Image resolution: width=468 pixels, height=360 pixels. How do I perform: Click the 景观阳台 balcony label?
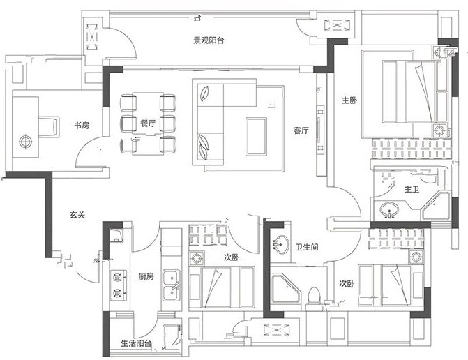209,40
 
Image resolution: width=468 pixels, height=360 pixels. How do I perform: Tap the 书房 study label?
82,125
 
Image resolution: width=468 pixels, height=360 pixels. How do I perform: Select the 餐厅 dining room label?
148,123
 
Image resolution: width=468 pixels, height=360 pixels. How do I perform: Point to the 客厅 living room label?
301,130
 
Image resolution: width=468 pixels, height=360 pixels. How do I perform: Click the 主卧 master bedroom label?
349,100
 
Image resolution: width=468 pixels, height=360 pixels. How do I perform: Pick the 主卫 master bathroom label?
412,189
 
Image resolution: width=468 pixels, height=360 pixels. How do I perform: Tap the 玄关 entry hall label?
77,215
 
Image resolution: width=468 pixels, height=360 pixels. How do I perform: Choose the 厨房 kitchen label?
146,276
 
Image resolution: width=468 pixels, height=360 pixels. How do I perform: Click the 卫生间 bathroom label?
307,247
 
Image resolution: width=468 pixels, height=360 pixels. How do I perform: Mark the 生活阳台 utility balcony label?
136,343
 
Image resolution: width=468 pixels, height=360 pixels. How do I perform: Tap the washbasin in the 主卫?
389,209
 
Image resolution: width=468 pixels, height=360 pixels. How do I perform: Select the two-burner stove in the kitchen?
119,285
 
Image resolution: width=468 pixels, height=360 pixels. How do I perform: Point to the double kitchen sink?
172,285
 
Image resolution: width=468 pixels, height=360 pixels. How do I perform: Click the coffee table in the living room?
256,137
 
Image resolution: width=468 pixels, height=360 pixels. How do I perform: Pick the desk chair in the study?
49,127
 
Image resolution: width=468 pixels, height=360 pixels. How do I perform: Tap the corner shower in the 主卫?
435,206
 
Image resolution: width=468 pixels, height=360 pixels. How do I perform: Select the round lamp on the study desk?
25,142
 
